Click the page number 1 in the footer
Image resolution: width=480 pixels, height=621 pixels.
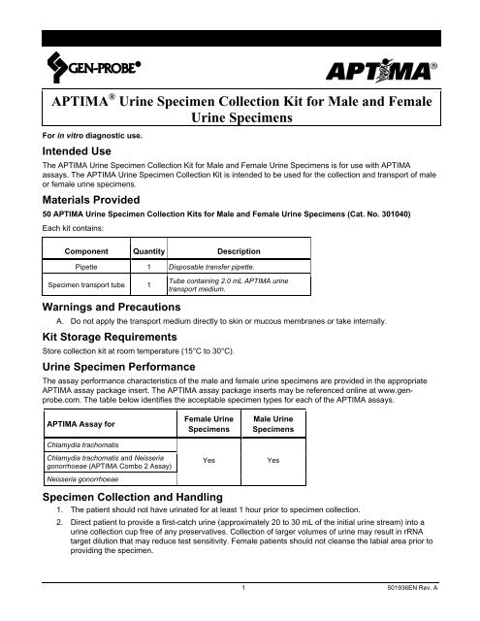click(x=240, y=613)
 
